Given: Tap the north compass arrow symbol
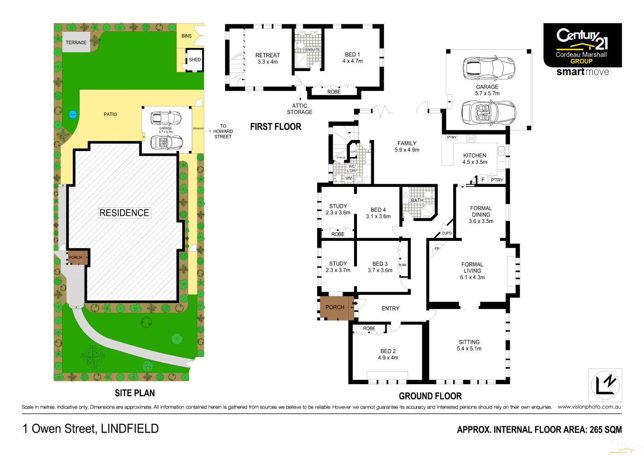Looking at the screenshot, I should pyautogui.click(x=605, y=385).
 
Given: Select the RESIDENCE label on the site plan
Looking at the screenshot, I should pyautogui.click(x=124, y=213).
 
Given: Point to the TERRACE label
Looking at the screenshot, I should pyautogui.click(x=76, y=42).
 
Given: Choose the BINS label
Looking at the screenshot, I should pyautogui.click(x=186, y=36).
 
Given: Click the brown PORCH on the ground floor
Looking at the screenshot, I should pyautogui.click(x=335, y=307).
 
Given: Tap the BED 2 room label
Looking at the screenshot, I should pyautogui.click(x=388, y=354).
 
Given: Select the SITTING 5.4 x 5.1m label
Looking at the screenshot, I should pyautogui.click(x=469, y=345).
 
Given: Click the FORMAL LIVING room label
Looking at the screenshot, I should pyautogui.click(x=472, y=271).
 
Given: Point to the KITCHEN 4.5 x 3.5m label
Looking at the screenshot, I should pyautogui.click(x=474, y=159).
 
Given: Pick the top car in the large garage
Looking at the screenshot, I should pyautogui.click(x=488, y=68).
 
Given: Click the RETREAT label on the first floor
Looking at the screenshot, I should pyautogui.click(x=267, y=58).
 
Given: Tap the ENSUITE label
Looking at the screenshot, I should pyautogui.click(x=312, y=50).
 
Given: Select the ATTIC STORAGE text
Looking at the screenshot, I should pyautogui.click(x=299, y=109).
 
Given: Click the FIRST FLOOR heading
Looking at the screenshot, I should pyautogui.click(x=276, y=127).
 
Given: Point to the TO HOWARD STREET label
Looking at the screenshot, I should pyautogui.click(x=223, y=131).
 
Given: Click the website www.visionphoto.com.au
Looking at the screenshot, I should pyautogui.click(x=589, y=407).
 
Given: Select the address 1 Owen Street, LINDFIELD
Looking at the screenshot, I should pyautogui.click(x=91, y=429).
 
